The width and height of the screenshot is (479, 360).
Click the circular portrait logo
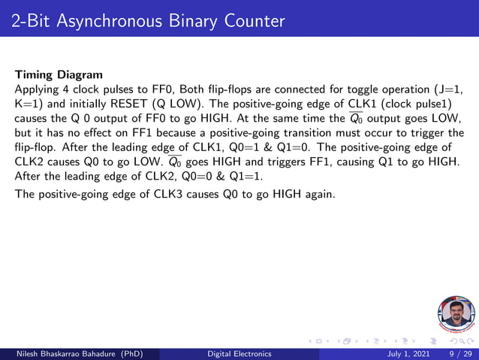click(456, 314)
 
